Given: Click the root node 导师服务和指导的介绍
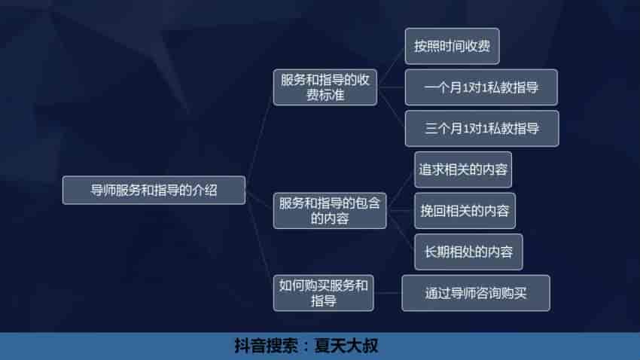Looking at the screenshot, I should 154,190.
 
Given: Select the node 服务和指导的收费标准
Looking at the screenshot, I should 325,88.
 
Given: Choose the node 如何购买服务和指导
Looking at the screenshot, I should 324,293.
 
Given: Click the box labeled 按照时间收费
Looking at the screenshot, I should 452,46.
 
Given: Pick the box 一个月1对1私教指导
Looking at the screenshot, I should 481,87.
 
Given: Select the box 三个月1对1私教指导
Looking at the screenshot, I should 481,128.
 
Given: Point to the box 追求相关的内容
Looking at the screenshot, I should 463,169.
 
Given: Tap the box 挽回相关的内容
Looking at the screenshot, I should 465,211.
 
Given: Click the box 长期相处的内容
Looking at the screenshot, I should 468,252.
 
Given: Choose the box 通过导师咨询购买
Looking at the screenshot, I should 475,293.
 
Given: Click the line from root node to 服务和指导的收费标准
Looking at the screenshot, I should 259,136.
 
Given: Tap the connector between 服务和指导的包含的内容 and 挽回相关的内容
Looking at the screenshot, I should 400,212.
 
